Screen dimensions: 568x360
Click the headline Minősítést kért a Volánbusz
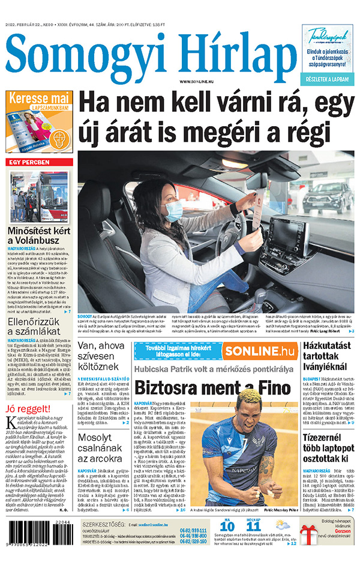pyautogui.click(x=39, y=235)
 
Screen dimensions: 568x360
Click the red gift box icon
pyautogui.click(x=310, y=539)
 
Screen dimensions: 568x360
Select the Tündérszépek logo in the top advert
pyautogui.click(x=328, y=36)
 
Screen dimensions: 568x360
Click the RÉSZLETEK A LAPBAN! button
pyautogui.click(x=327, y=79)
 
